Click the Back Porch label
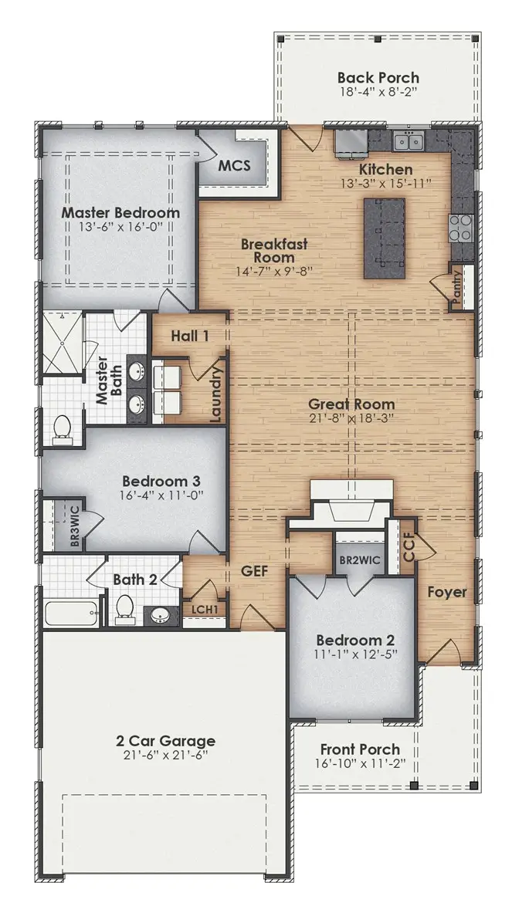(x=378, y=77)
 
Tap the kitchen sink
(x=409, y=140)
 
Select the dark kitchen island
(x=385, y=238)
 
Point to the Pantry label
(x=456, y=286)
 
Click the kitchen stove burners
(x=461, y=228)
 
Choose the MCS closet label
(x=235, y=166)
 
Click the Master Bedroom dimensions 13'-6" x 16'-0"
(x=120, y=227)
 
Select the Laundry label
(x=215, y=391)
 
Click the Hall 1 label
(x=191, y=336)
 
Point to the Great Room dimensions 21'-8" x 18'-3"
(x=351, y=418)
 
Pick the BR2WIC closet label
(x=360, y=561)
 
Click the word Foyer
(x=447, y=592)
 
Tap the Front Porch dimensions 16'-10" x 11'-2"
(x=361, y=763)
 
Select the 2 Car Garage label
(x=165, y=741)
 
